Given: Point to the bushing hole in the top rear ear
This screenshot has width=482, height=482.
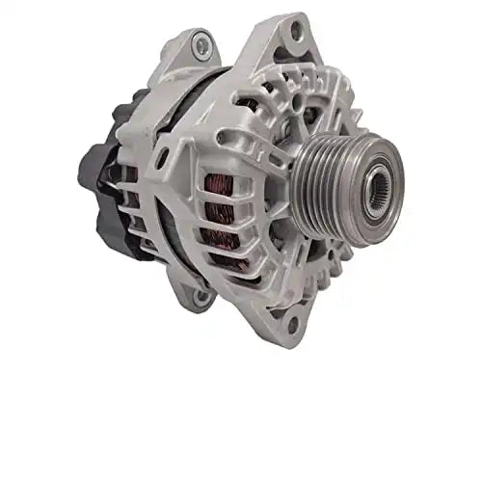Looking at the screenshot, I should tap(201, 41).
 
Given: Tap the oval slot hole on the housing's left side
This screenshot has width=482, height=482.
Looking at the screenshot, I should tap(163, 158).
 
